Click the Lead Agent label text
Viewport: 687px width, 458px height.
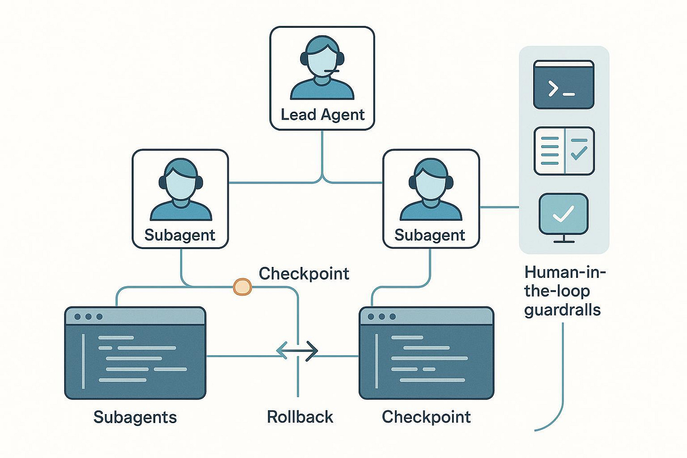[322, 115]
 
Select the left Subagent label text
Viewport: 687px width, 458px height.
[180, 235]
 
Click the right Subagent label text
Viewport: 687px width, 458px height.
[430, 235]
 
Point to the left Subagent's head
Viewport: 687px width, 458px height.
[180, 182]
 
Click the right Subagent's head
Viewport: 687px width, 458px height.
[430, 182]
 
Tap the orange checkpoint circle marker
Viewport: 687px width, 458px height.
[243, 287]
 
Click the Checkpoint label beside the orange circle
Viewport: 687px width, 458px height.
[304, 274]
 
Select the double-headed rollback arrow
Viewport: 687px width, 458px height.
[297, 350]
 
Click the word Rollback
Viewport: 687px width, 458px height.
[300, 417]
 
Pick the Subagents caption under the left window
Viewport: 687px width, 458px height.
[135, 417]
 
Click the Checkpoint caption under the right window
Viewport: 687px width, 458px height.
[426, 417]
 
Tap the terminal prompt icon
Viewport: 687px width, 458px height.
[563, 85]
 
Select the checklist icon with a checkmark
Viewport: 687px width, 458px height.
[564, 151]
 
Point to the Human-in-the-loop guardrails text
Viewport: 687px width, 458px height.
[563, 291]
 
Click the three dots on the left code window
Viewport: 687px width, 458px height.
[88, 316]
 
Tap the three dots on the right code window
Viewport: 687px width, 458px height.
[381, 316]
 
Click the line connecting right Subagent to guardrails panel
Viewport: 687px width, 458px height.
[499, 207]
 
